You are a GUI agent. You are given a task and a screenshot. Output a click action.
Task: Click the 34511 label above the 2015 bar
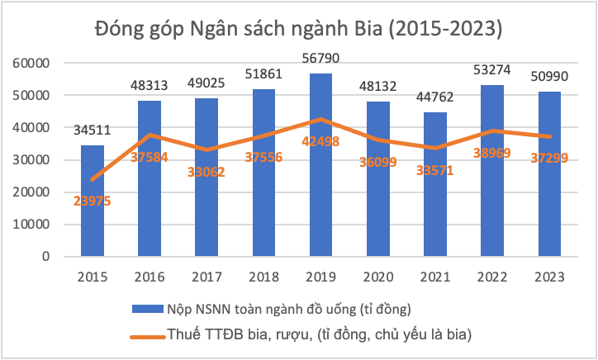click(x=93, y=130)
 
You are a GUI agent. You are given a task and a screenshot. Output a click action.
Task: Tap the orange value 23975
click(x=93, y=200)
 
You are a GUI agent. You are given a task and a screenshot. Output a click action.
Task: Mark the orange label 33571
click(x=435, y=171)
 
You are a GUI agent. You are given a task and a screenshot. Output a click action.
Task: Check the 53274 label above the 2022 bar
click(x=492, y=69)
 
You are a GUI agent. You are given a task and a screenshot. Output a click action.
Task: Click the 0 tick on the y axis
click(x=46, y=256)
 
